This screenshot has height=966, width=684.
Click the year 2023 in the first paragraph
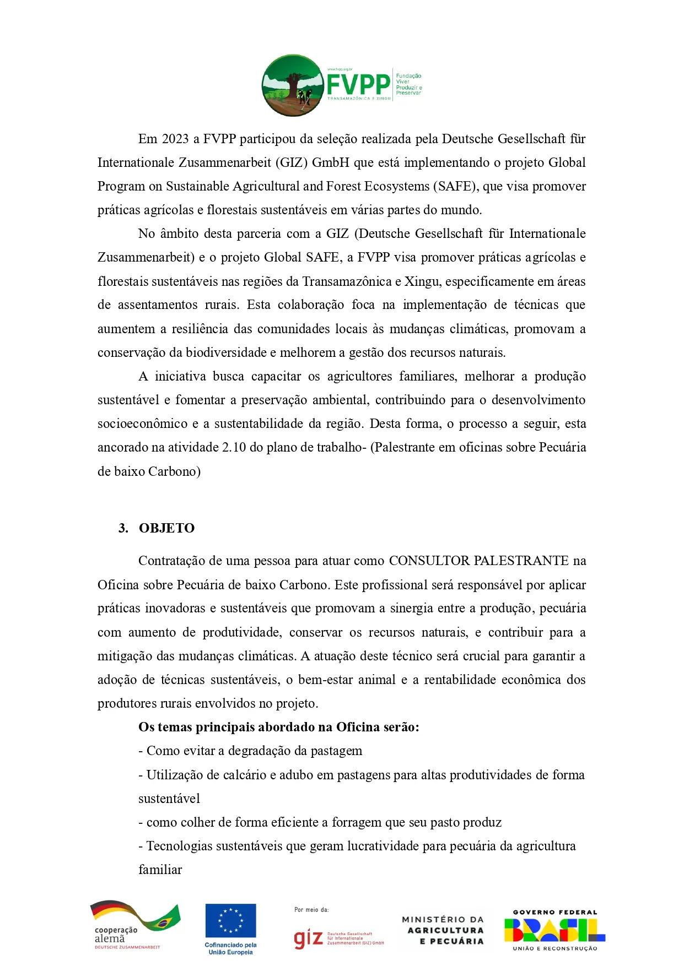tap(175, 139)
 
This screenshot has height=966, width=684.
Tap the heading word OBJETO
tap(166, 528)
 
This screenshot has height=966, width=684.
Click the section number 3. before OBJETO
tap(123, 528)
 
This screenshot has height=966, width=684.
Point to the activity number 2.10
tap(234, 447)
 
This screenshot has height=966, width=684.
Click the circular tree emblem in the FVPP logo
tap(293, 85)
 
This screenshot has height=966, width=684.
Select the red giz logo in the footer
tap(309, 938)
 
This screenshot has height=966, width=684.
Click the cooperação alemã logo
tap(134, 927)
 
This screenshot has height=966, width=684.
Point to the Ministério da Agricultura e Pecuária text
tap(443, 930)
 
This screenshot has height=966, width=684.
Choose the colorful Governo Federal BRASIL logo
tap(554, 930)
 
